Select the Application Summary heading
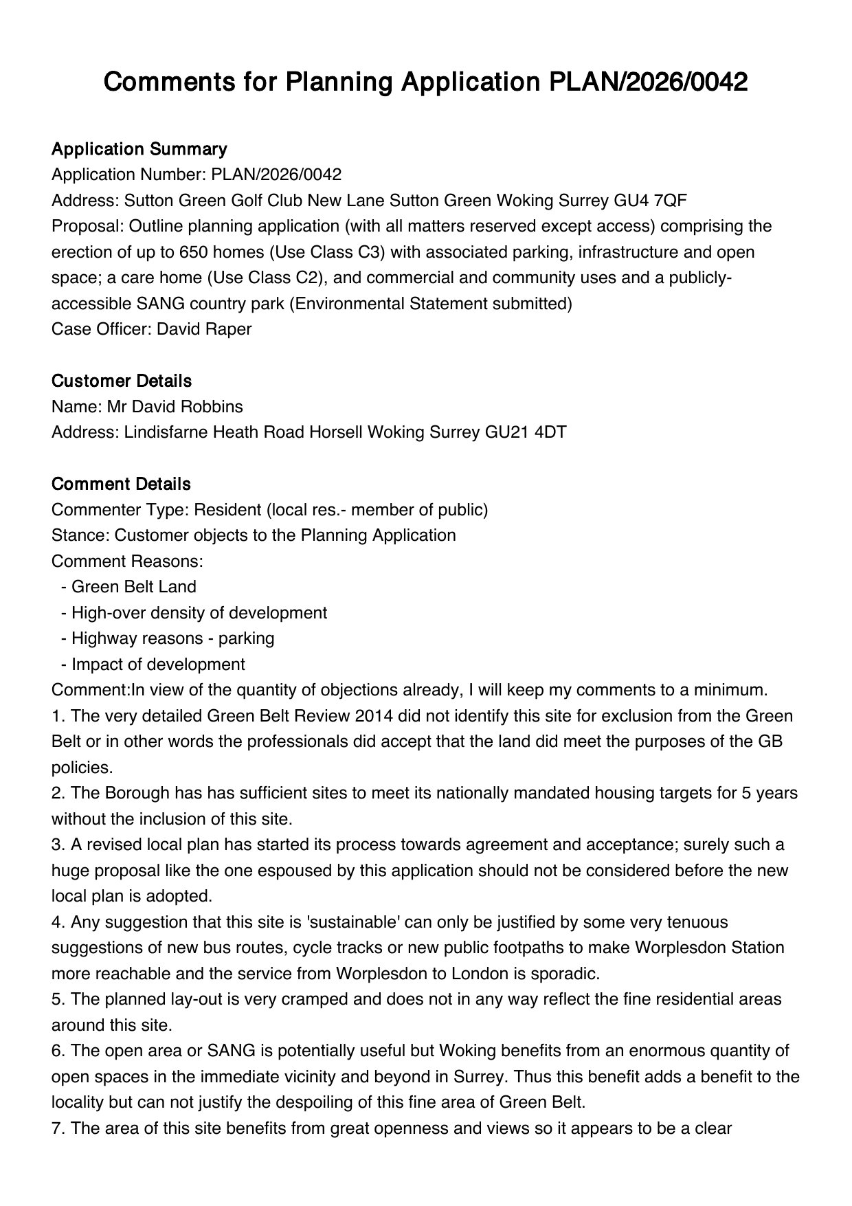(139, 149)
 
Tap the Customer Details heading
(122, 381)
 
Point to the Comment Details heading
(121, 484)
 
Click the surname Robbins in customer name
(212, 406)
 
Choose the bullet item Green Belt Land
(133, 587)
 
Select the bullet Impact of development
(158, 665)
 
